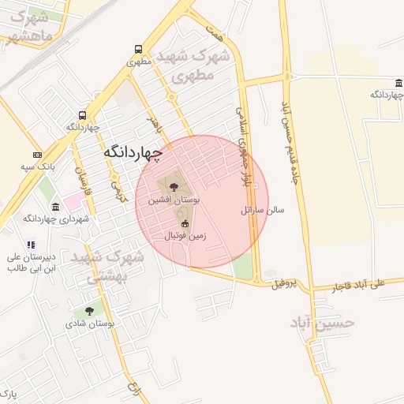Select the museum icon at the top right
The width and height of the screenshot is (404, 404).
pyautogui.click(x=399, y=83)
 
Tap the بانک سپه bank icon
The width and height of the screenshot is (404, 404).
pyautogui.click(x=37, y=155)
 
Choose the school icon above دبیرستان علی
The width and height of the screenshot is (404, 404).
pyautogui.click(x=31, y=245)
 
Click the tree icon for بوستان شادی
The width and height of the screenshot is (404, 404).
pyautogui.click(x=89, y=312)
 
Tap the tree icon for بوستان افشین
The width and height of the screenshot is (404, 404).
pyautogui.click(x=174, y=187)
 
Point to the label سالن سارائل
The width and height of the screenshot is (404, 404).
pyautogui.click(x=263, y=211)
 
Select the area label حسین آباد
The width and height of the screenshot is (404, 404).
pyautogui.click(x=323, y=322)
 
